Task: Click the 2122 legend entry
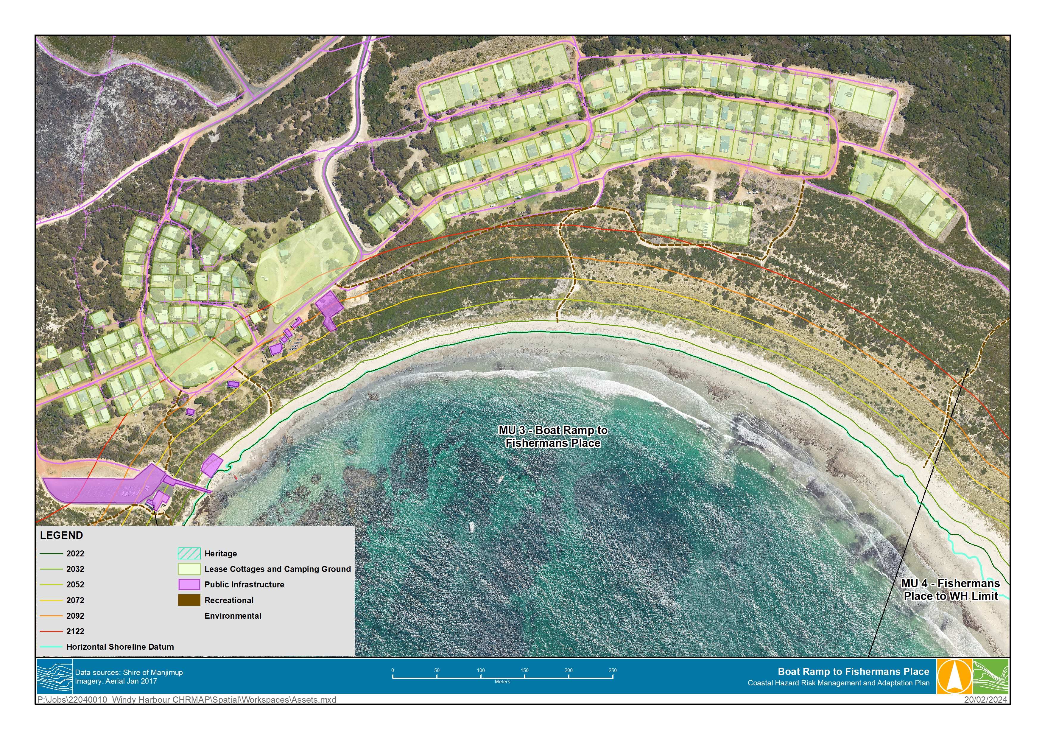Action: [x=75, y=631]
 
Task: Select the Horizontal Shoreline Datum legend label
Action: [x=120, y=647]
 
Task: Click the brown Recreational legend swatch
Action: [x=189, y=600]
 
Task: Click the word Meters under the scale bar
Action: [x=502, y=682]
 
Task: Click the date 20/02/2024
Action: [x=985, y=699]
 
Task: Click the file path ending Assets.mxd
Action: [x=187, y=699]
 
